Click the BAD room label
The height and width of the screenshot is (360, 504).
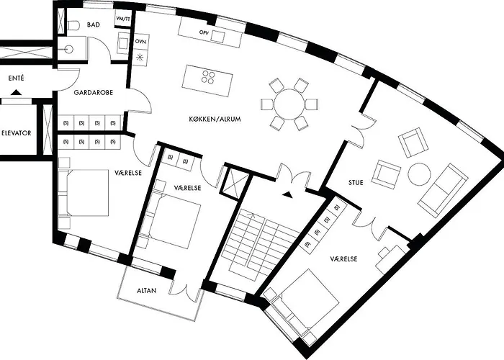click(x=93, y=24)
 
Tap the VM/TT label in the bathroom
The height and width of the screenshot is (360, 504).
click(x=123, y=19)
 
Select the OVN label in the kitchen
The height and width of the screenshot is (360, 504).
click(x=140, y=42)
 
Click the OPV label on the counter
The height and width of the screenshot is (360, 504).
click(x=204, y=32)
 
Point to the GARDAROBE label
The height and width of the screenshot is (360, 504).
click(x=93, y=93)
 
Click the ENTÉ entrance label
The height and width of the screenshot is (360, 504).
click(x=16, y=78)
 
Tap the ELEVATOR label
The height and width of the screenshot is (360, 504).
click(x=16, y=133)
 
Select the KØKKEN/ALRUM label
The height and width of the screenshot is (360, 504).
click(x=215, y=119)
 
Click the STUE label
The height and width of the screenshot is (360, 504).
click(x=356, y=183)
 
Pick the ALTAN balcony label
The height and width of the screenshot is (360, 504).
click(x=147, y=291)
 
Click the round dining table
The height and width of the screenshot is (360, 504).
click(x=289, y=104)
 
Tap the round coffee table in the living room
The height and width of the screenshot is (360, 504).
click(x=419, y=174)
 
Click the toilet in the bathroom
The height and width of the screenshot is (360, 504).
click(x=73, y=25)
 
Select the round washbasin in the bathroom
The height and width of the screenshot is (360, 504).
click(x=69, y=50)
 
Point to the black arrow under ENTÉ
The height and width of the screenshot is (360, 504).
click(x=16, y=93)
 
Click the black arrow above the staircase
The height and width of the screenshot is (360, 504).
click(x=288, y=194)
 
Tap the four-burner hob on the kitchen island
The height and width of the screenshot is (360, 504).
click(x=208, y=77)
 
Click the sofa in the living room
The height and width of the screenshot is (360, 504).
click(x=443, y=190)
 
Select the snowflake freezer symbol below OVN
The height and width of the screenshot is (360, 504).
click(x=140, y=58)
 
